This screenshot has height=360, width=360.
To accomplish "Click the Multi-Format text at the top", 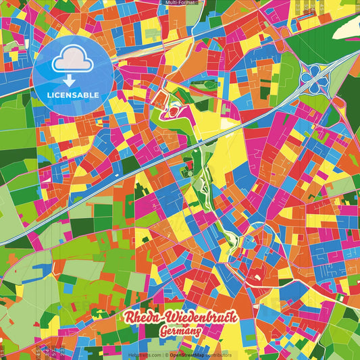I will click(x=180, y=3).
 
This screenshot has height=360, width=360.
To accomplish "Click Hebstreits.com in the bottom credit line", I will click(x=145, y=354).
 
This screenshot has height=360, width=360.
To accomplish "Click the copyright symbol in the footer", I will click(x=166, y=354).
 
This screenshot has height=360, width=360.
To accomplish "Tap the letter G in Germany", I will click(x=163, y=332).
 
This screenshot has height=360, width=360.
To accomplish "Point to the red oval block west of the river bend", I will click(x=176, y=109).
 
